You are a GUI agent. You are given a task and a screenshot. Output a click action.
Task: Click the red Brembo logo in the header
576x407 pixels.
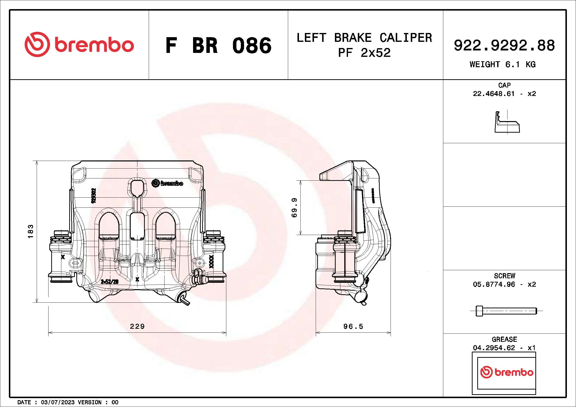coord(79,45)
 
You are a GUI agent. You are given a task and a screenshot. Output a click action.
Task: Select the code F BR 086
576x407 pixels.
coord(218,46)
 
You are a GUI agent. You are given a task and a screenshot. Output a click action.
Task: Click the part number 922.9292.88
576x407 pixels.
coord(504,46)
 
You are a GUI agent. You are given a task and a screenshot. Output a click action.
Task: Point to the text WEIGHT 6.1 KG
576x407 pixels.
coord(503,64)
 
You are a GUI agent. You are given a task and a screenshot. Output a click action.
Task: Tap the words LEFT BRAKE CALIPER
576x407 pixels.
coord(364,38)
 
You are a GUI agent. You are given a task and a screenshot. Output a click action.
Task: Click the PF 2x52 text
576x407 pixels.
coord(364,53)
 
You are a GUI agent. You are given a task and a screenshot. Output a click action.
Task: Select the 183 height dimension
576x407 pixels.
coord(30,231)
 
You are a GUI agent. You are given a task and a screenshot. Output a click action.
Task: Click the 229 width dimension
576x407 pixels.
coord(137,326)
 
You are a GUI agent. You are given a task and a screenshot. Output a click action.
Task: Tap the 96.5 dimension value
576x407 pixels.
coord(353,326)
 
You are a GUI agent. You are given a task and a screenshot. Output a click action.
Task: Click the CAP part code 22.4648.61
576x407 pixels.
coord(494,94)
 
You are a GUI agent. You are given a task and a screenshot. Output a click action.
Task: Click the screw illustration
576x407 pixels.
coord(506,311)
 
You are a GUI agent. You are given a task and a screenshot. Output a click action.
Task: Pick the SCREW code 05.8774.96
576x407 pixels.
coord(494,284)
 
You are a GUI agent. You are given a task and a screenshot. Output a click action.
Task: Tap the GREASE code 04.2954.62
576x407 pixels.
coord(494,348)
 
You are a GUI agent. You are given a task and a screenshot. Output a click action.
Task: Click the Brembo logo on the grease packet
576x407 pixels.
coord(507,372)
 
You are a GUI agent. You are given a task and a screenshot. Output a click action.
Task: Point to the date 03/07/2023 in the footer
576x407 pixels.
coord(58,402)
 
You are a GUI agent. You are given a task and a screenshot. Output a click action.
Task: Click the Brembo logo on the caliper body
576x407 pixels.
coord(167,183)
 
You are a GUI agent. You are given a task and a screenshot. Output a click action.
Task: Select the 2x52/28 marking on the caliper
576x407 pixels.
coord(110,282)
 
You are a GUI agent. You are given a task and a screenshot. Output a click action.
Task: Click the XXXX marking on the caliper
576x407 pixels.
coord(211,262)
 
